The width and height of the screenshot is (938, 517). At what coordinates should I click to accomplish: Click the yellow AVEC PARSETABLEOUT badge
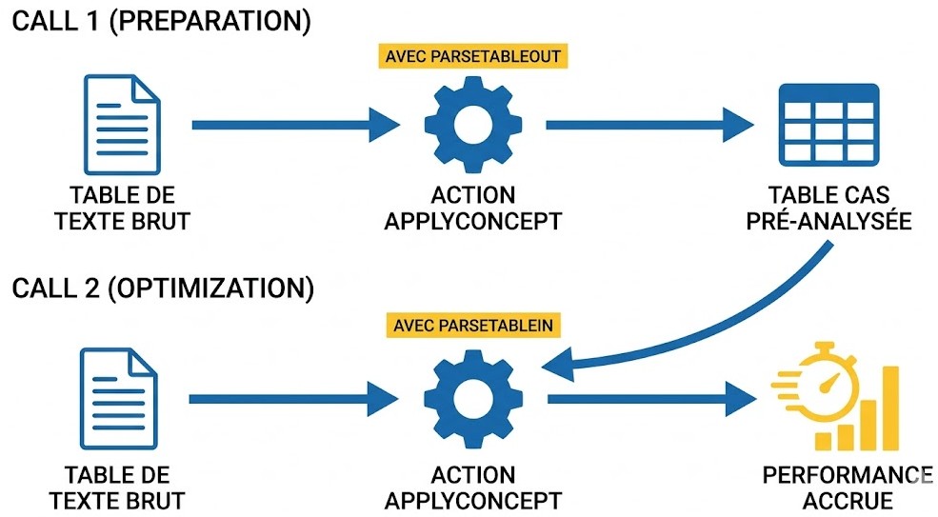pos(472,56)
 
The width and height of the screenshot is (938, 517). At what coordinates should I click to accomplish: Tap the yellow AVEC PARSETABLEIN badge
pos(472,326)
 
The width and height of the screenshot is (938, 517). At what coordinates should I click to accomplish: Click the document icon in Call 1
pos(122,125)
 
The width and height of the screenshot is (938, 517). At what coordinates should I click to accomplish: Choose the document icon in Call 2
pos(118,399)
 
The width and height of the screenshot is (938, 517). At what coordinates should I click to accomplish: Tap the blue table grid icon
pos(828,125)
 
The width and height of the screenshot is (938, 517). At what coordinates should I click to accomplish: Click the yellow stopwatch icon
pos(820,383)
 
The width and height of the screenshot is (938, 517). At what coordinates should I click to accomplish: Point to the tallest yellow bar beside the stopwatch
pos(890,408)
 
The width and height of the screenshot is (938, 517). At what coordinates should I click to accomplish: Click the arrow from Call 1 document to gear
pos(295,125)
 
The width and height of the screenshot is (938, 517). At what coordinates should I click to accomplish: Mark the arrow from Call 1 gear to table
pos(649,125)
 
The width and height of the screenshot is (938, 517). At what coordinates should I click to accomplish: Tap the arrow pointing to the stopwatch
pos(652,399)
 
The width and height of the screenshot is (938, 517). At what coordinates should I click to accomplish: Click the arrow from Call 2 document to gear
pos(293,399)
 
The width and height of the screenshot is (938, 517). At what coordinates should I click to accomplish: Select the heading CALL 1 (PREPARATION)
pos(162,21)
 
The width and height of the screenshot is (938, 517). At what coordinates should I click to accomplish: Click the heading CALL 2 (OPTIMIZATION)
pos(163,288)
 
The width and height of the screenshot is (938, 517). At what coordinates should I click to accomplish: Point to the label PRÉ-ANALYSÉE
pos(828,221)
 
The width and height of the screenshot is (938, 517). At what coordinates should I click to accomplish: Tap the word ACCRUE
pos(848,501)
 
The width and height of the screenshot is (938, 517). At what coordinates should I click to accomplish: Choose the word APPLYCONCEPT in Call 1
pos(472,222)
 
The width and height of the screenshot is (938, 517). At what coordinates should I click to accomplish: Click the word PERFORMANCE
pos(848,475)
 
